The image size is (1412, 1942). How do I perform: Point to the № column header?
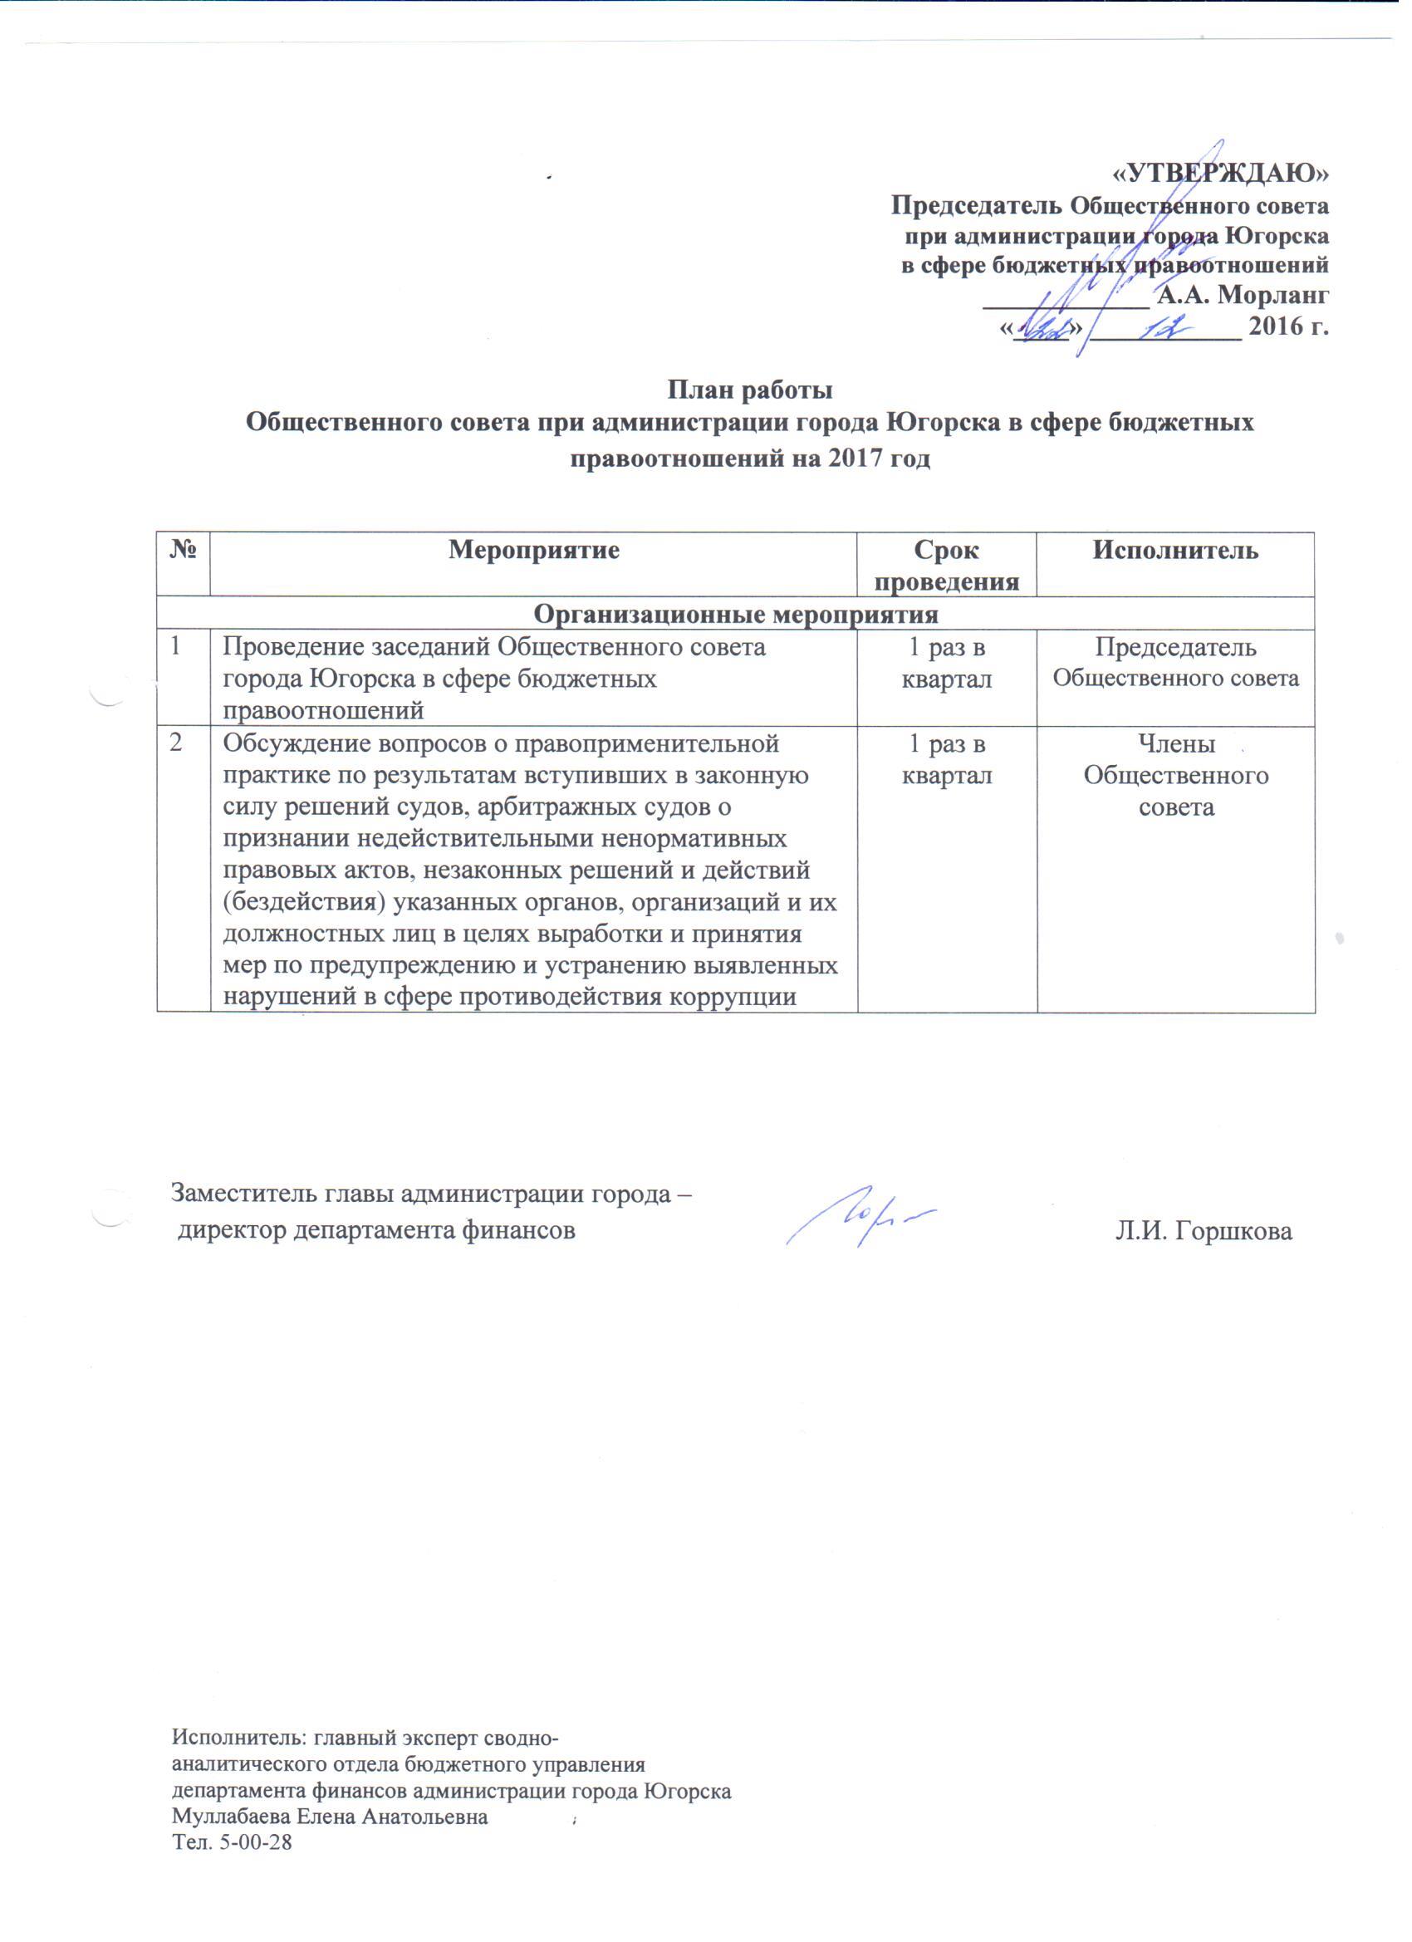click(184, 551)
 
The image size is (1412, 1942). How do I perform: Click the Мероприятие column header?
click(534, 551)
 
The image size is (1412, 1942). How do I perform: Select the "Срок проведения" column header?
click(947, 565)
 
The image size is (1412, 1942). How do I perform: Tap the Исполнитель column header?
click(1174, 551)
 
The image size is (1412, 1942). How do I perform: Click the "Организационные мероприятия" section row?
click(736, 614)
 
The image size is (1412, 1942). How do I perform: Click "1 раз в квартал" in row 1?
click(947, 664)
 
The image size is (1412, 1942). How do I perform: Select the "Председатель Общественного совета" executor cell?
click(1174, 664)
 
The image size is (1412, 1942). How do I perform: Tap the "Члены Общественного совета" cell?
click(1174, 776)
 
